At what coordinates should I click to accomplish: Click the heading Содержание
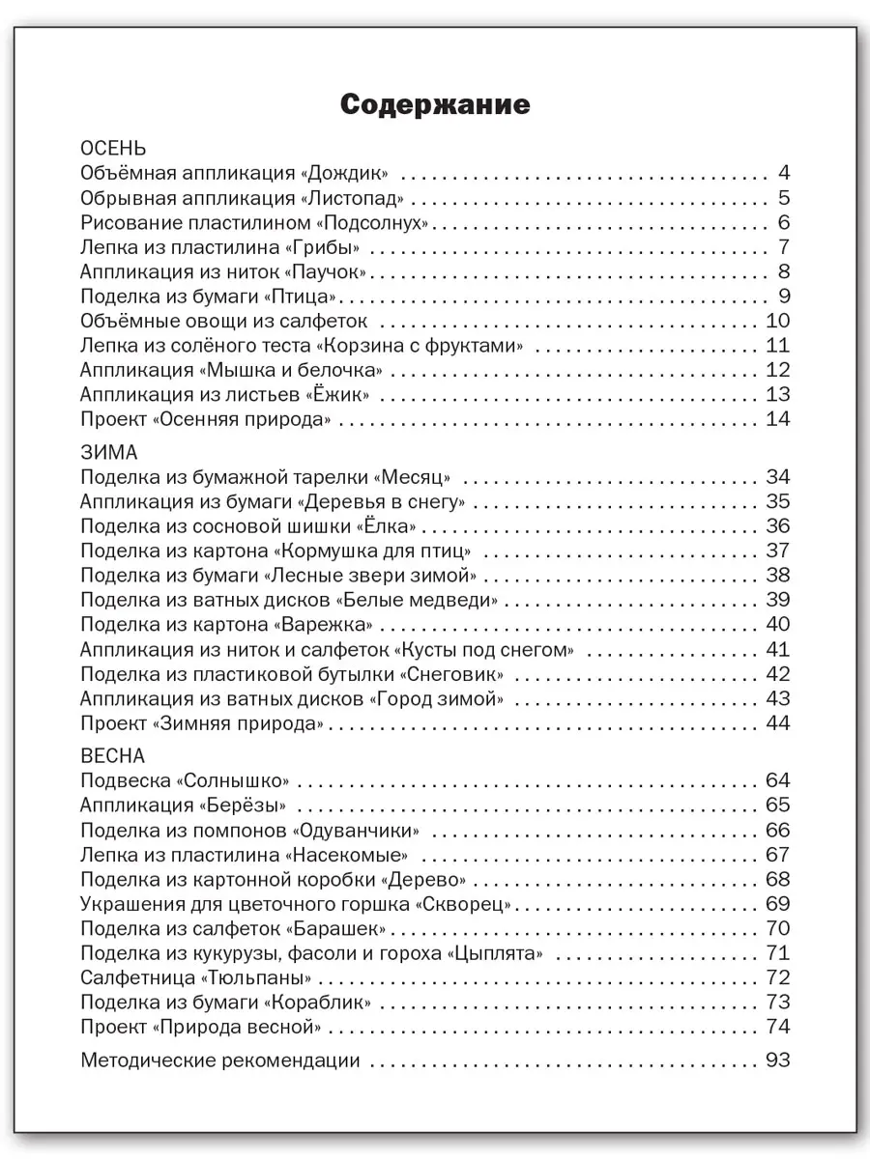[435, 105]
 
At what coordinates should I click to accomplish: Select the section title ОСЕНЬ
[113, 149]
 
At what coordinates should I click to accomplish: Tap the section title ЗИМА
[109, 452]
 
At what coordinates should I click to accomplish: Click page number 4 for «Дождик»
[784, 174]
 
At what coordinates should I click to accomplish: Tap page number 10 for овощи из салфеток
[777, 322]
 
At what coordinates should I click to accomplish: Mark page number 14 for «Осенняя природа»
[777, 419]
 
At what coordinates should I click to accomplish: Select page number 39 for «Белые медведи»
[777, 600]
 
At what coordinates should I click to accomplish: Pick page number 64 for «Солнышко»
[777, 781]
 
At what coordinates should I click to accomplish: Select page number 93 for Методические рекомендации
[777, 1060]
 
